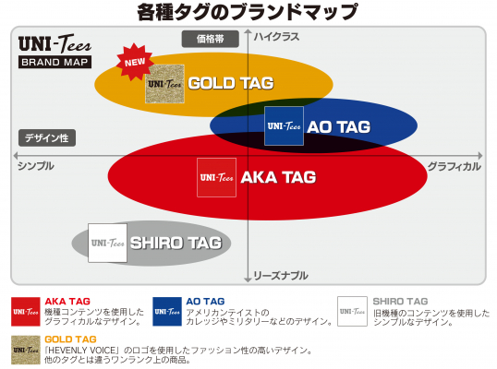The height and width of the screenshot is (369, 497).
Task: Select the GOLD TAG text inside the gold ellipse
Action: [231, 83]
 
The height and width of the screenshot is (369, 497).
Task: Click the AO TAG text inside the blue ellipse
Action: [338, 126]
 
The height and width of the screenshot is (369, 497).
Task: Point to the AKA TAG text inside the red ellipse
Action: [278, 176]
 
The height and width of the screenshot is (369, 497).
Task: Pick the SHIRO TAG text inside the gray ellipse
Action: [176, 244]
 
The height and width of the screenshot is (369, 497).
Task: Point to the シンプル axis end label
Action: [36, 166]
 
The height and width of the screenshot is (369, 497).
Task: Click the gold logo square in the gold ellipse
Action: [164, 83]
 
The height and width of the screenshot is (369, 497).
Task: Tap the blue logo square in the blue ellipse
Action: [284, 125]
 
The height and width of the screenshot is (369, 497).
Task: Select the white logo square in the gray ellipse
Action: [107, 244]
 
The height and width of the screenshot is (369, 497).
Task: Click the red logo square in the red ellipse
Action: [216, 177]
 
